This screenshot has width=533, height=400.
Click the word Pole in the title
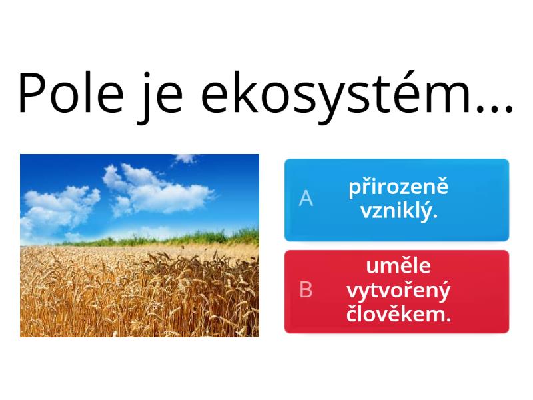click(71, 93)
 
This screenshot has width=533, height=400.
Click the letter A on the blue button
click(306, 199)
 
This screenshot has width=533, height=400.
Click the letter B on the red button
click(306, 290)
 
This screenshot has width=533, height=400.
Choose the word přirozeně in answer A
click(398, 187)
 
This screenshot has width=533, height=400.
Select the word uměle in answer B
click(398, 266)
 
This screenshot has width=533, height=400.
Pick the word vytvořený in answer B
click(398, 290)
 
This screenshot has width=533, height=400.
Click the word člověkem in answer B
click(398, 314)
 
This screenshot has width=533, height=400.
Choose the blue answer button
click(396, 199)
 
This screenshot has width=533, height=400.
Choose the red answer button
click(396, 291)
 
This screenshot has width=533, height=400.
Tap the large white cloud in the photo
click(157, 190)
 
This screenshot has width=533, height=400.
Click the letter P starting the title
click(33, 93)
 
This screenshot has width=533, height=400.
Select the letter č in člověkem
click(353, 314)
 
